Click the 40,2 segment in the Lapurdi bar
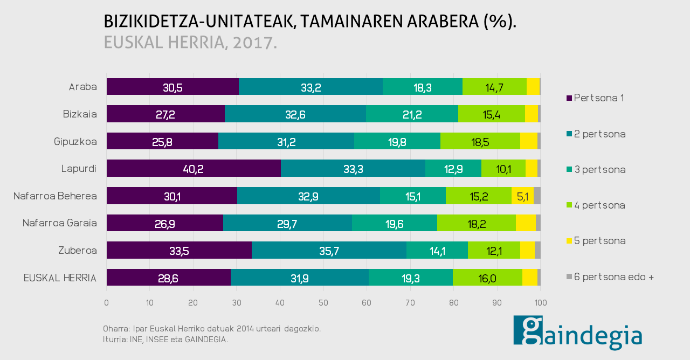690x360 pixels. (194, 168)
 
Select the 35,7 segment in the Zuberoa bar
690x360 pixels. (329, 250)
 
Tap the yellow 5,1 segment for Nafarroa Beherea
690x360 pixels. (522, 196)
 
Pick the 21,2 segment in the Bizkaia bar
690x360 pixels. (412, 114)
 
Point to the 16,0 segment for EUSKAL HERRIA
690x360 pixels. (487, 278)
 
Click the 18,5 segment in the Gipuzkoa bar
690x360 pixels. (480, 141)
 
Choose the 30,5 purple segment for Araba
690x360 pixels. (172, 87)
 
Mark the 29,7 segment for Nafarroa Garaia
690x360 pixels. (287, 223)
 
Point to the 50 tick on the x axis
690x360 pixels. (323, 303)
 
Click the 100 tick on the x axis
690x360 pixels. (540, 303)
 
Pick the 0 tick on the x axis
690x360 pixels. (107, 303)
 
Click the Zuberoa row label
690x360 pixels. (77, 250)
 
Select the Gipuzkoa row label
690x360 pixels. (75, 142)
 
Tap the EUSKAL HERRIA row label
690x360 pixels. (60, 278)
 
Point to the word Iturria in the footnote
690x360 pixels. (113, 340)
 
